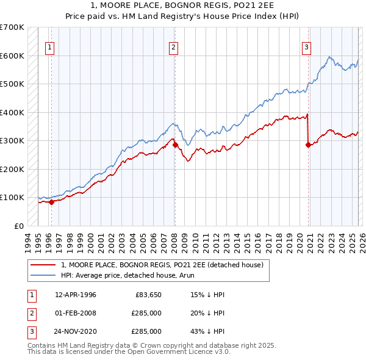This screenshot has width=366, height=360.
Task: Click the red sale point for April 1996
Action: (51, 202)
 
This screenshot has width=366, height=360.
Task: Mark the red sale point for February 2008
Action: (175, 145)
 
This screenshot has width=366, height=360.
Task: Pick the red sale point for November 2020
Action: (308, 145)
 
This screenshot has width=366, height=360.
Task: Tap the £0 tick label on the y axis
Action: (18, 226)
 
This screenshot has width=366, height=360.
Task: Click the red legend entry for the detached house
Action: (162, 265)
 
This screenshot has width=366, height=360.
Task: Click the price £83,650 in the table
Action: (146, 295)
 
